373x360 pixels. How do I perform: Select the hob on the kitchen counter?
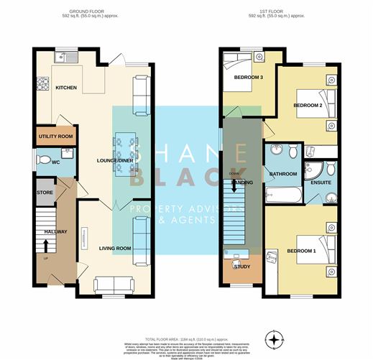point(41,80)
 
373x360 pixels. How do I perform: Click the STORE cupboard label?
point(45,192)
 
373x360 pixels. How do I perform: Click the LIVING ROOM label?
point(115,248)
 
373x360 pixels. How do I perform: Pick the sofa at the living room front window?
point(113,284)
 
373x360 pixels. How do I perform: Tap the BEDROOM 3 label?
point(241,77)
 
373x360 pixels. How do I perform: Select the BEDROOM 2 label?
point(307,105)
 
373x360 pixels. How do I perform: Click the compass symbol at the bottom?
point(274,338)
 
